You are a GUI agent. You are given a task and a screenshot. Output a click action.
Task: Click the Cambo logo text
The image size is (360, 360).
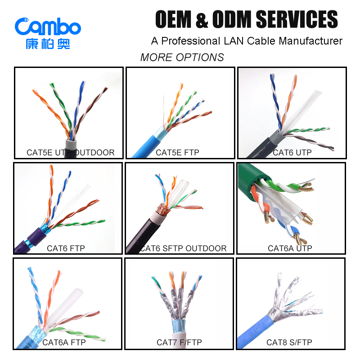pos(48,27)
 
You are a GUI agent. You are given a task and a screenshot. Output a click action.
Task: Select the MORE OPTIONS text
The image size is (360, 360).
pos(182,58)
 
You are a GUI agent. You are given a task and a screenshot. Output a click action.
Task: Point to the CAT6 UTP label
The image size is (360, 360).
pos(292,153)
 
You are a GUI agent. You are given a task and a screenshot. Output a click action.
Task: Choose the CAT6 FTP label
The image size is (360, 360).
pos(66,248)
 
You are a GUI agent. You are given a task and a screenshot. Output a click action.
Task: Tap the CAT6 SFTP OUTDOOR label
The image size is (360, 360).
pos(184,248)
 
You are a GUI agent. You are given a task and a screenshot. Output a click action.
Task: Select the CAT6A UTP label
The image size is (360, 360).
pos(290,248)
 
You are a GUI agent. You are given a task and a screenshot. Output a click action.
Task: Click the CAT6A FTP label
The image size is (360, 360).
pos(64,343)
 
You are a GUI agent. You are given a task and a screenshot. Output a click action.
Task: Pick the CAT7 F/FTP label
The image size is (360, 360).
pos(179,343)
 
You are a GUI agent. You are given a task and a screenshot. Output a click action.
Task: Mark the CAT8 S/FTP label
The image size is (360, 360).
pos(289,343)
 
